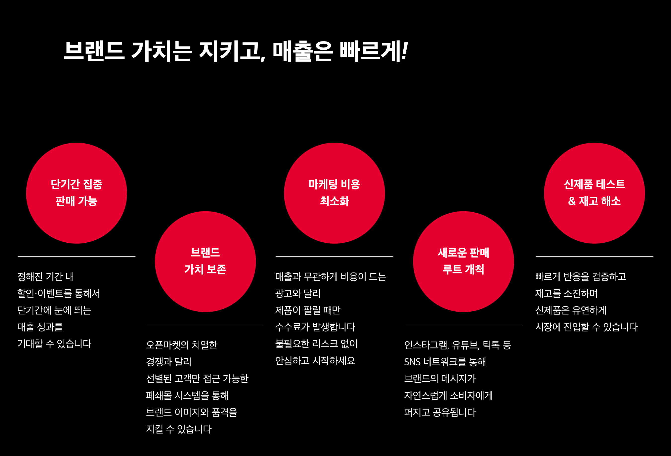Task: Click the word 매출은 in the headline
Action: pyautogui.click(x=303, y=51)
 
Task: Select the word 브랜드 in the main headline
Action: pyautogui.click(x=94, y=51)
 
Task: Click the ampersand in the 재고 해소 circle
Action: pyautogui.click(x=572, y=201)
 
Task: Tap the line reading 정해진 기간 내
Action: pyautogui.click(x=46, y=277)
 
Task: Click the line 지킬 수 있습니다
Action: pyautogui.click(x=179, y=429)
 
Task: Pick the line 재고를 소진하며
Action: pyautogui.click(x=566, y=294)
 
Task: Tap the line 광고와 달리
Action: pyautogui.click(x=298, y=294)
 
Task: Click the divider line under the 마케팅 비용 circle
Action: pyautogui.click(x=334, y=256)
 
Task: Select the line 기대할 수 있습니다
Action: pyautogui.click(x=54, y=344)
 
